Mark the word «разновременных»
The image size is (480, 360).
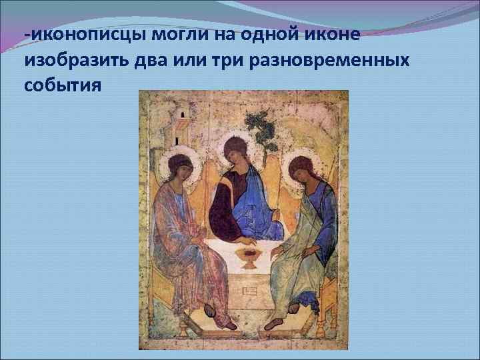click(347, 61)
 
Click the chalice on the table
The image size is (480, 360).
click(249, 257)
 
